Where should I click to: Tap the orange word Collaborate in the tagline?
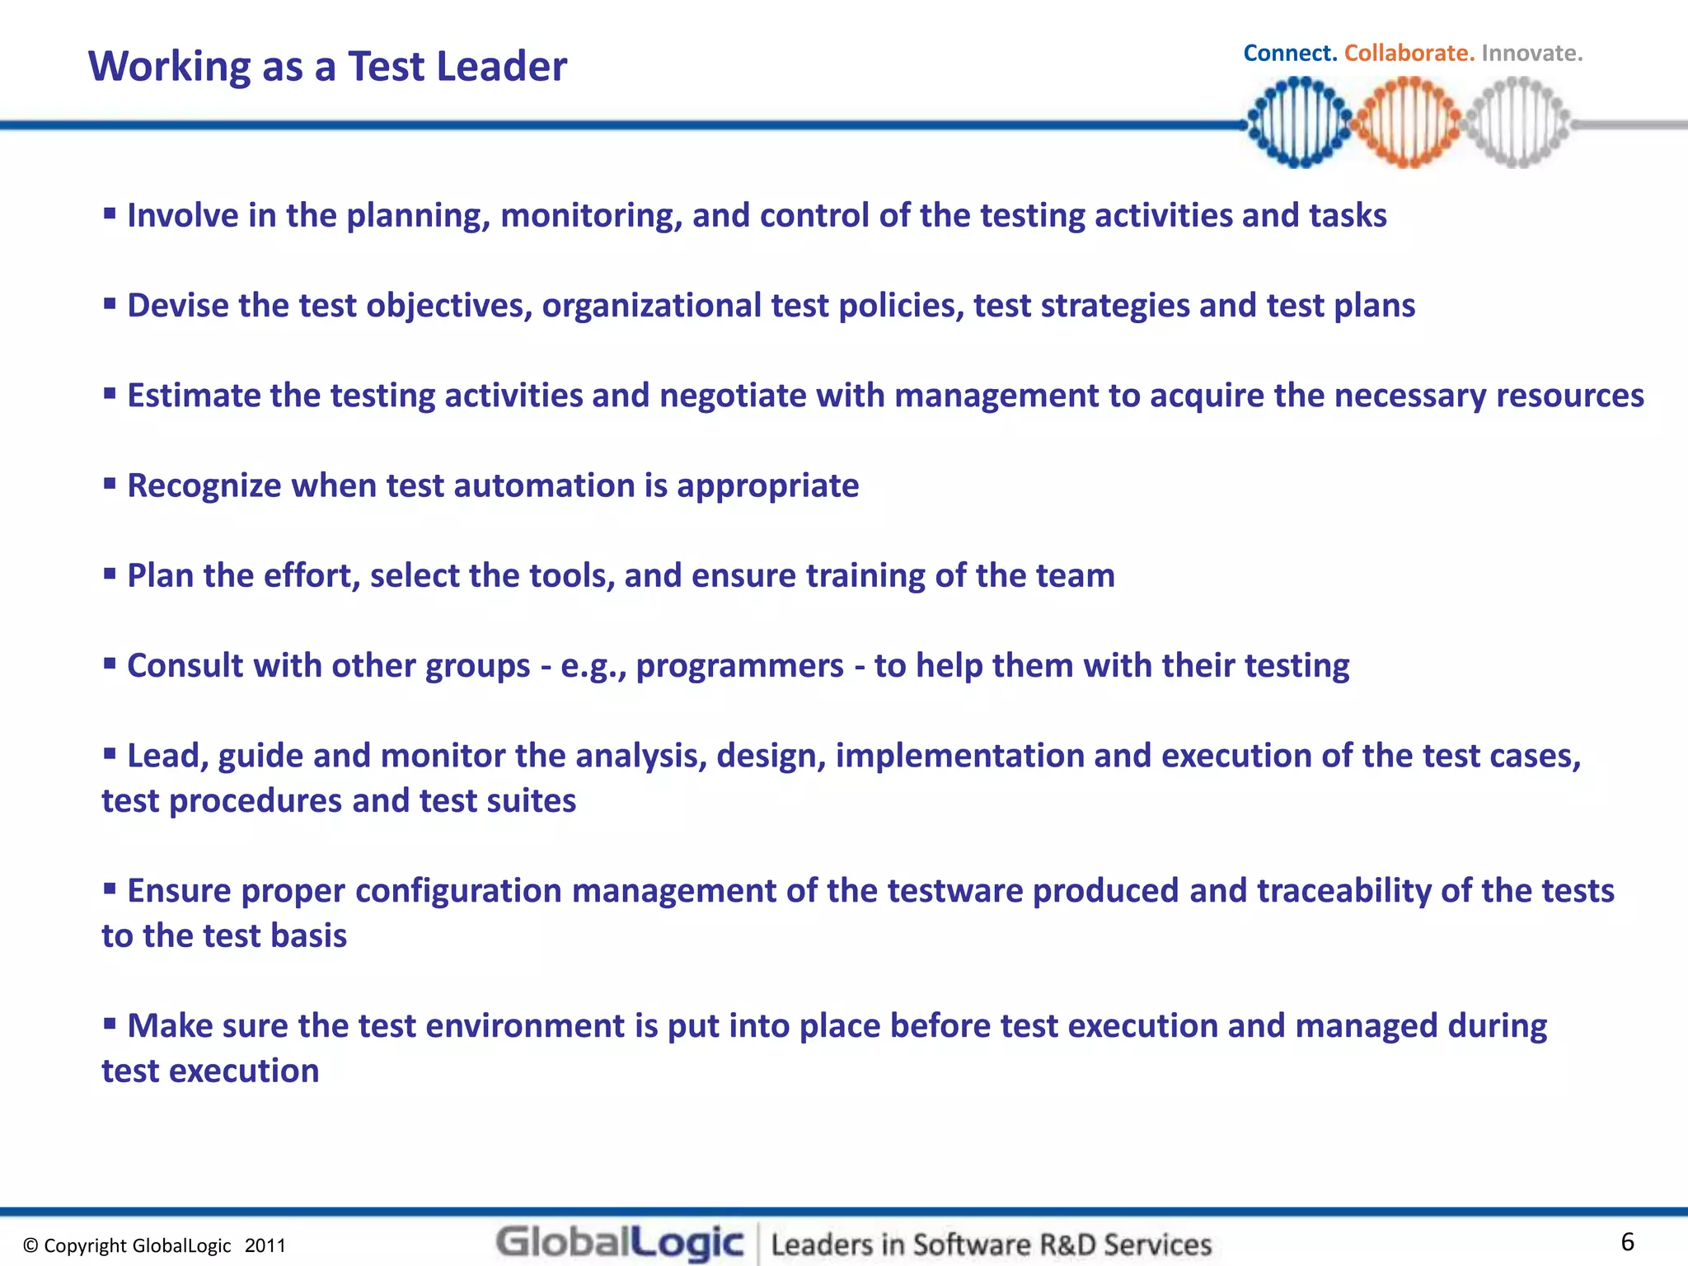1409,53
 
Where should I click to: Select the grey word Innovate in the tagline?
1531,53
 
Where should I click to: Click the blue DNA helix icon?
1300,122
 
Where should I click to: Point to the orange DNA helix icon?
1409,122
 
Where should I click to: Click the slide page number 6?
1627,1241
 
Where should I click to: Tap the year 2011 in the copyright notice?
265,1245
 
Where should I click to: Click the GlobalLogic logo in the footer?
620,1243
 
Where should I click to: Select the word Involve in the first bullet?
183,216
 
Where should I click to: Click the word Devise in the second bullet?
178,306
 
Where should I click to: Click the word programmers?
739,666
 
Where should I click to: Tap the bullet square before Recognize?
110,482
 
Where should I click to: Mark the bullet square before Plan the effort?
110,572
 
